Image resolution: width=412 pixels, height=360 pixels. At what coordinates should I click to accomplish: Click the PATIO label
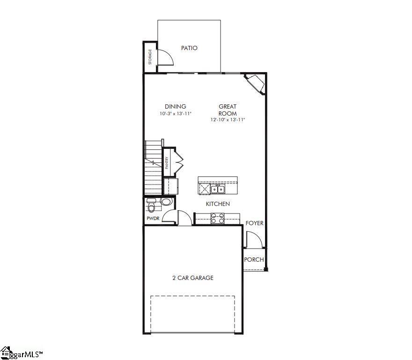189,48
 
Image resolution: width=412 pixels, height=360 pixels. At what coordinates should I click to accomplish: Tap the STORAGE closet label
150,57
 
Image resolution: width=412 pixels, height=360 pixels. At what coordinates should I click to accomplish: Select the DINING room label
175,106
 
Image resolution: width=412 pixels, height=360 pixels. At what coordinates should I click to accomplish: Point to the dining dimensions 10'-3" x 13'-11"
175,114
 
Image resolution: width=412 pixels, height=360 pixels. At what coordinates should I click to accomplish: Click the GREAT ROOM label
228,110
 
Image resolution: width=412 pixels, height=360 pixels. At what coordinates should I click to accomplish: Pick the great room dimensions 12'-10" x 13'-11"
228,120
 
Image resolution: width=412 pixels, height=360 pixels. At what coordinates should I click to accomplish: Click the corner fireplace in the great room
256,83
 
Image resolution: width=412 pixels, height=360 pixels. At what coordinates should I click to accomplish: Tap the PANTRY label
166,162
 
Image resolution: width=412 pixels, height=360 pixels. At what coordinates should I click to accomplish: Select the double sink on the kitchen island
217,189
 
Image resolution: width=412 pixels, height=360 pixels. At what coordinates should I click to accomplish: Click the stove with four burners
217,218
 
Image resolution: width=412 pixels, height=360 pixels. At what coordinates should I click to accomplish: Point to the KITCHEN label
218,204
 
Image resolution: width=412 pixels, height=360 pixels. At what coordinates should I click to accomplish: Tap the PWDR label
153,219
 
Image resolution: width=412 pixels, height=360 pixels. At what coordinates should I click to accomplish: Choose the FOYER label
255,223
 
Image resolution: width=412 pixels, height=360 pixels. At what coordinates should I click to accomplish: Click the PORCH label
254,260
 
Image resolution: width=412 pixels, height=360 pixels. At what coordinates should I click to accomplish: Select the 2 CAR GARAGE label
193,278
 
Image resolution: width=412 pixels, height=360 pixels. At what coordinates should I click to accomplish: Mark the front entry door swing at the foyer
253,240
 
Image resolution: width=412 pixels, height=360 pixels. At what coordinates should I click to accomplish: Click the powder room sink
166,202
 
